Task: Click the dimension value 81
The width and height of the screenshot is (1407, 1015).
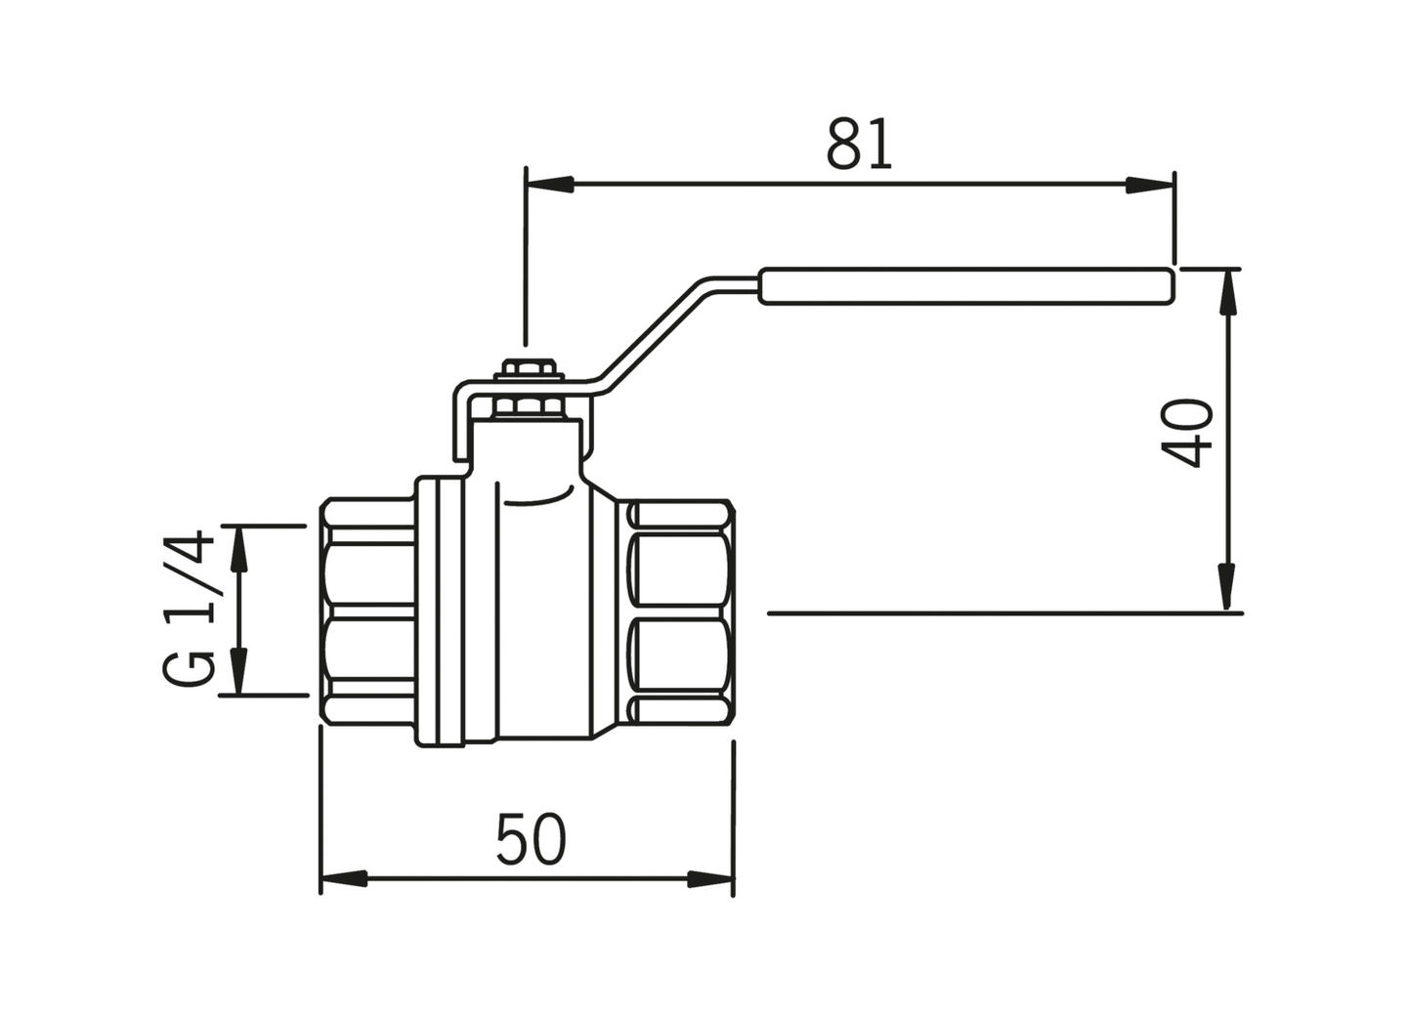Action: [x=859, y=145]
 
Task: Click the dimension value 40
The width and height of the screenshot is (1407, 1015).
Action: [x=1189, y=433]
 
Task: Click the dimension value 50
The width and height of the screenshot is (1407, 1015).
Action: [x=531, y=839]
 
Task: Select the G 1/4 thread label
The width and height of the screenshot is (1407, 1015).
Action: [x=189, y=608]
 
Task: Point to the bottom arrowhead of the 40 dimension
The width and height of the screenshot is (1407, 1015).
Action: [x=1227, y=587]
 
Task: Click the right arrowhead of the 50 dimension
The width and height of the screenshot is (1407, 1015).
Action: [x=710, y=878]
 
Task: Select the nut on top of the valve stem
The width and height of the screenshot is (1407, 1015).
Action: [x=528, y=371]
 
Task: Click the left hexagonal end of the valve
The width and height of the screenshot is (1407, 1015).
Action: [x=368, y=612]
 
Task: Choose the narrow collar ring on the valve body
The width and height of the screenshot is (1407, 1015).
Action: [x=449, y=612]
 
